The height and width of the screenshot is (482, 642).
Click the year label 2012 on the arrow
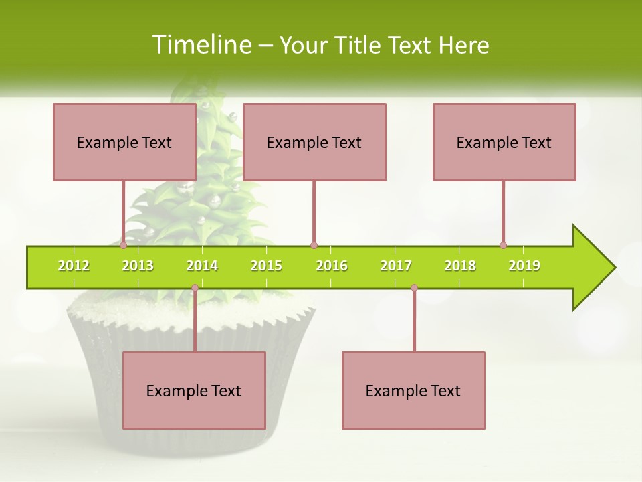click(x=74, y=266)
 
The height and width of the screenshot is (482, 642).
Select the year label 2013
click(x=138, y=266)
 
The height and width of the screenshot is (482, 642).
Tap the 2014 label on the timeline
click(x=202, y=266)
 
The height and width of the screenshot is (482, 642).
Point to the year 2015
click(x=266, y=266)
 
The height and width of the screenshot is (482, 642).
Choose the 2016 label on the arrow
click(x=332, y=266)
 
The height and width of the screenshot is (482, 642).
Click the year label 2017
click(x=396, y=266)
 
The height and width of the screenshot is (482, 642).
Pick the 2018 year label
click(x=460, y=266)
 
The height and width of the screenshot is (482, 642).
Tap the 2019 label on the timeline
click(x=524, y=266)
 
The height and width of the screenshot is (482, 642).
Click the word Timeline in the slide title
click(x=201, y=45)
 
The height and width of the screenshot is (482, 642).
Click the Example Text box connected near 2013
click(x=124, y=143)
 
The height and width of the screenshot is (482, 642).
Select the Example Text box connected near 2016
click(x=314, y=143)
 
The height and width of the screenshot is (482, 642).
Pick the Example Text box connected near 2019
click(x=504, y=143)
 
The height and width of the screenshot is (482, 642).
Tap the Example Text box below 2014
click(x=194, y=391)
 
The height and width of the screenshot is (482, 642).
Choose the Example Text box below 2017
click(x=413, y=391)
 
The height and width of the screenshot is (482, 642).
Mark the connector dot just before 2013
click(x=124, y=245)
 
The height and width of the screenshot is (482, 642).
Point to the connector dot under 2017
click(x=414, y=288)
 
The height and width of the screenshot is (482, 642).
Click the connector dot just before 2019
click(x=504, y=245)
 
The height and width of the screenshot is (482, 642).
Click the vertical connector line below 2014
click(x=195, y=321)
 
